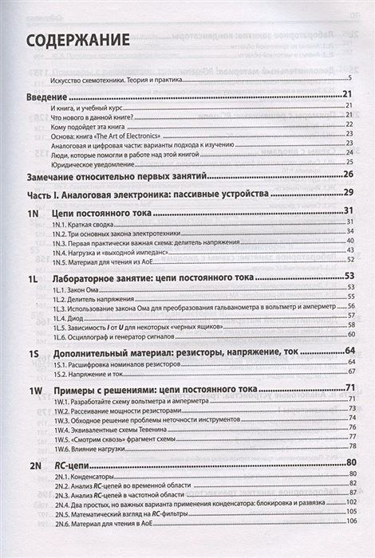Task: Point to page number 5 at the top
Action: (350, 81)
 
